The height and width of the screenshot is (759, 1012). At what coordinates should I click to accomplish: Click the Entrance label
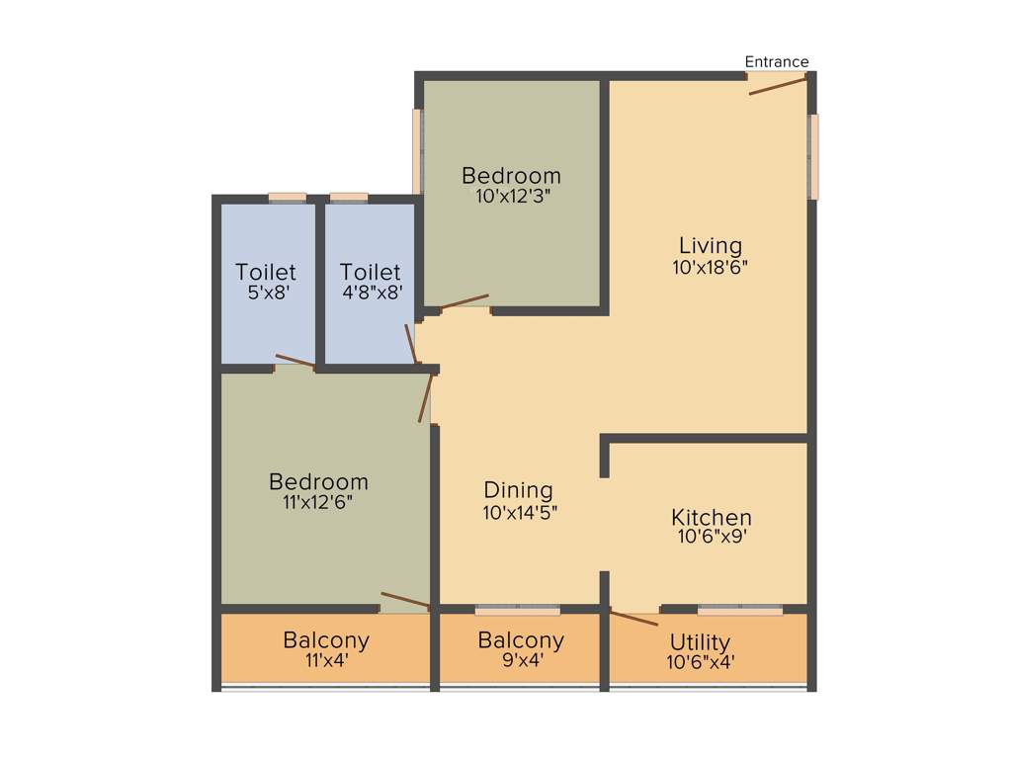tap(776, 61)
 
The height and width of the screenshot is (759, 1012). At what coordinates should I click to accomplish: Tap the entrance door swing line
tap(777, 86)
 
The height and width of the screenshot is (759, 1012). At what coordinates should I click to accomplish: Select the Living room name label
tap(710, 245)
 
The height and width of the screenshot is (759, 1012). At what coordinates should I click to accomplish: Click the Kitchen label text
tap(711, 517)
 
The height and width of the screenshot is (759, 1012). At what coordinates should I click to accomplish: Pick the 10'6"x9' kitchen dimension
tap(711, 538)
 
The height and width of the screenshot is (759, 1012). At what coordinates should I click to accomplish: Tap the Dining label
tap(518, 490)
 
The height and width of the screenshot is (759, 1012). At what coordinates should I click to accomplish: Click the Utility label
tap(700, 642)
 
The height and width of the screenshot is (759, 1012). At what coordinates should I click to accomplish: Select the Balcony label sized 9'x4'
tap(521, 640)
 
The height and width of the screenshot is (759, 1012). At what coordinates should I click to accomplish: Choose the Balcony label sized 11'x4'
tap(326, 640)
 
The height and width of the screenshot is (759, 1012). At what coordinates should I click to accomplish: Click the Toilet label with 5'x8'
tap(266, 272)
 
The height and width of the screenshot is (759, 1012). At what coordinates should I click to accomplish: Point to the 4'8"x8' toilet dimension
tap(371, 293)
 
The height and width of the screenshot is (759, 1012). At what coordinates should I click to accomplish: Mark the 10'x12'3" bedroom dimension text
tap(512, 196)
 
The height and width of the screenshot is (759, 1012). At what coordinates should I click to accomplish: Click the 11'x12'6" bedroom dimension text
tap(318, 502)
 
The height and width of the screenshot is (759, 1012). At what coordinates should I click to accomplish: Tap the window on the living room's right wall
tap(813, 156)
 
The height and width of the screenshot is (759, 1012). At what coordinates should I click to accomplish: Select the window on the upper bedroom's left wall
tap(418, 150)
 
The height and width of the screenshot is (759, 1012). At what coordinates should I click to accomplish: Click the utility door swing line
tap(632, 619)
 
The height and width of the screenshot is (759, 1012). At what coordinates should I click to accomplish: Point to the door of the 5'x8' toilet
tap(295, 361)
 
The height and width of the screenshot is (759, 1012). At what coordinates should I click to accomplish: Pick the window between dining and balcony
tap(517, 610)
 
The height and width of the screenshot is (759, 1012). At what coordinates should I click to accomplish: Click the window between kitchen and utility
tap(739, 610)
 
